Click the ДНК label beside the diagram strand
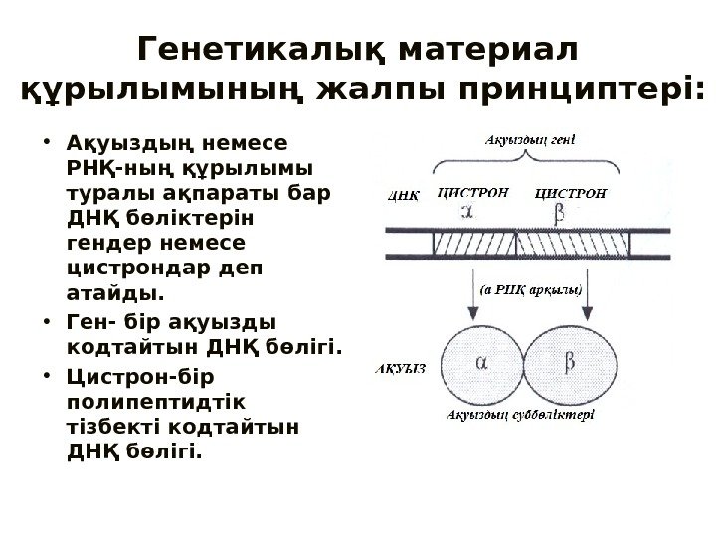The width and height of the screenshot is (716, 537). [x=402, y=197]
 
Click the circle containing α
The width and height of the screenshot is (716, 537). [x=481, y=365]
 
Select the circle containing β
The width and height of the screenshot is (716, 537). [x=568, y=365]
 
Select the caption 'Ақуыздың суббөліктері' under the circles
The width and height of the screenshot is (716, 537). [x=520, y=415]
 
